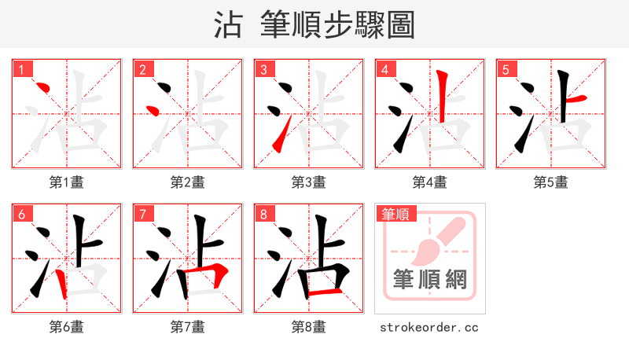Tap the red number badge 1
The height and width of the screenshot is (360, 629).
[21, 69]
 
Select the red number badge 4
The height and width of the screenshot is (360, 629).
[384, 69]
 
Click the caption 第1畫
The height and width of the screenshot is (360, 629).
[67, 182]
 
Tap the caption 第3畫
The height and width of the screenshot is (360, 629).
[309, 182]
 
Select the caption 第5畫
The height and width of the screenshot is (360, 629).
[551, 182]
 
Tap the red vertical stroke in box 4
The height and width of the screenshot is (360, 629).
[443, 96]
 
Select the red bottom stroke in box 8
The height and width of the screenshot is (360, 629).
[324, 292]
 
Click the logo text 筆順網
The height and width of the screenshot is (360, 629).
[429, 280]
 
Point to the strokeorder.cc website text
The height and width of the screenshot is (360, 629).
[429, 327]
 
